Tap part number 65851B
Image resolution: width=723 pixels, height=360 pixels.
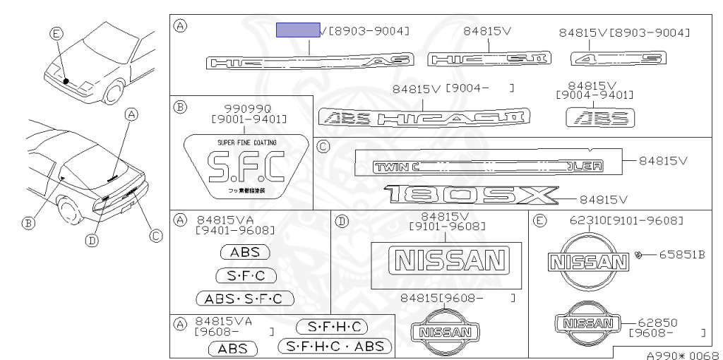pos(682,254)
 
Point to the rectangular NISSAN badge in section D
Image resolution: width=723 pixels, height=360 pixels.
pos(446,260)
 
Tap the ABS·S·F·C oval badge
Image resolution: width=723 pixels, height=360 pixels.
pos(244,299)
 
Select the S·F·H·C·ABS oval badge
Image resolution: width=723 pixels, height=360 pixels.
pos(335,346)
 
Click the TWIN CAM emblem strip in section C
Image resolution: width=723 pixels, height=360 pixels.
pos(487,167)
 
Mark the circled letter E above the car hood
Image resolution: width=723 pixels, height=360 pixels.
pos(56,31)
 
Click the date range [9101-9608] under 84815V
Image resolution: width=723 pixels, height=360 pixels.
pos(447,226)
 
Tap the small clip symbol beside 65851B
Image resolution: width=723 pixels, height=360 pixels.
pos(638,254)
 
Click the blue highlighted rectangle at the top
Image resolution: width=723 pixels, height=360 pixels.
pos(297,30)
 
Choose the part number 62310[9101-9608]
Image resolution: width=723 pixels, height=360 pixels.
pos(626,220)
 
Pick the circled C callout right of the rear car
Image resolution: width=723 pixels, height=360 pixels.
pos(156,235)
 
